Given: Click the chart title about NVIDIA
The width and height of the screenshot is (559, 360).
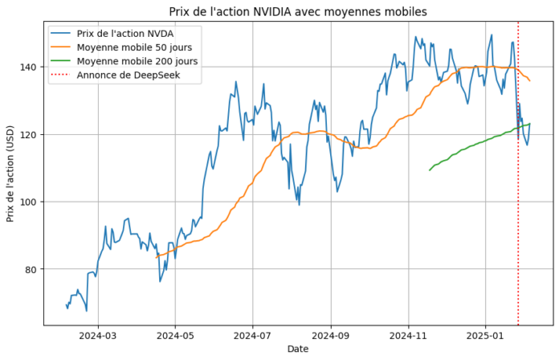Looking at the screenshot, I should coord(298,11).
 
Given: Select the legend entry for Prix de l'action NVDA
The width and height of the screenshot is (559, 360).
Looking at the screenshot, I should coord(124,34).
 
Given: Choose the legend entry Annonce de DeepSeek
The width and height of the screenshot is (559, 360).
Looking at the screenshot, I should coord(128,76).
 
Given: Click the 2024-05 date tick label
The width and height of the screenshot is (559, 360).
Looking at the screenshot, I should coord(176,335).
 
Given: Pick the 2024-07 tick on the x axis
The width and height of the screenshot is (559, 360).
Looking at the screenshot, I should coord(253,335).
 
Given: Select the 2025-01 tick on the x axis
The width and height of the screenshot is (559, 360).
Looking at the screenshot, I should coord(485,335).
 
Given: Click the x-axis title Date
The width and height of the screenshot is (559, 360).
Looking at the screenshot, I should coord(298,350).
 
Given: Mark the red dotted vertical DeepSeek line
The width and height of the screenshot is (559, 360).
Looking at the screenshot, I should coord(518,201).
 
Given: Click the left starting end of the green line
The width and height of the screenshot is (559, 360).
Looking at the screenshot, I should coord(430,170).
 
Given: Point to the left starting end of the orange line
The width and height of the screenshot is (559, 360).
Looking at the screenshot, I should coord(157,256).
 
